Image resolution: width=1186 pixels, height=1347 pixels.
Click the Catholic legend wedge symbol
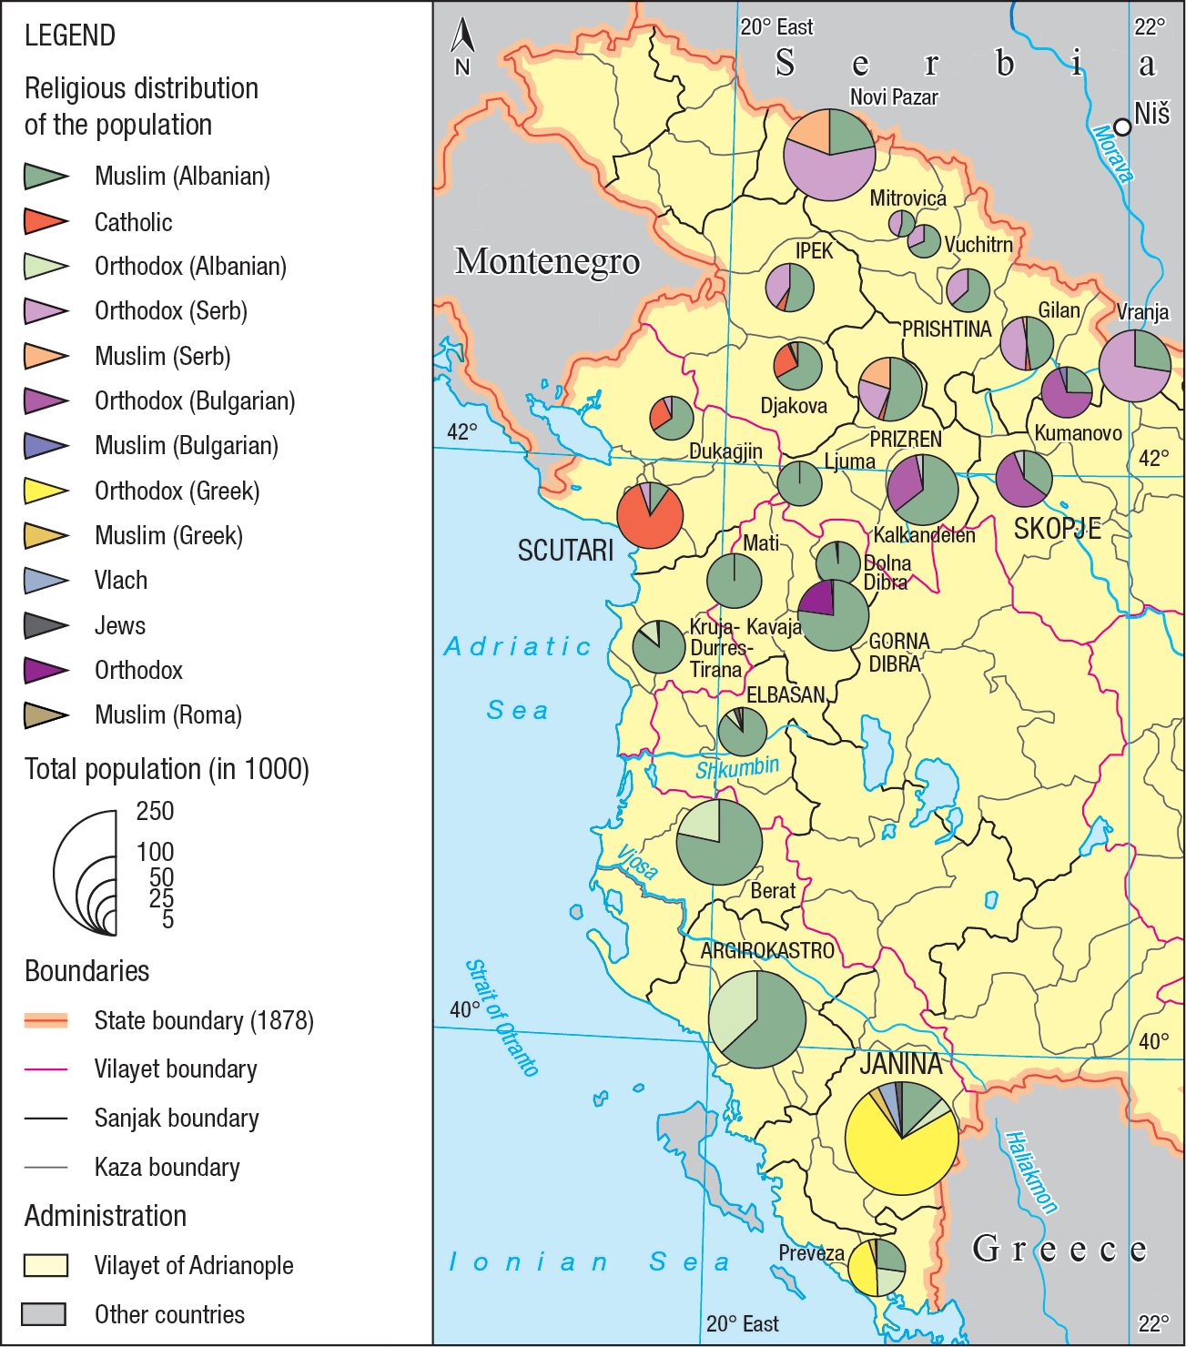(x=46, y=221)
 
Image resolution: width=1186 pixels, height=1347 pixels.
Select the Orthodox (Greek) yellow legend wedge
(x=46, y=491)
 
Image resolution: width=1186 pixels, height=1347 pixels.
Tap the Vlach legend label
(x=121, y=581)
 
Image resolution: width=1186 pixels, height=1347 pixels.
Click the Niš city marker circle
(x=1123, y=127)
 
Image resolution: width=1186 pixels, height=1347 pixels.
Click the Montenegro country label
(x=547, y=260)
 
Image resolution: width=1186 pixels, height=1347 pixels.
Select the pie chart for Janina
(x=901, y=1138)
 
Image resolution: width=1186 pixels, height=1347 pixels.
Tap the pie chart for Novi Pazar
(x=829, y=155)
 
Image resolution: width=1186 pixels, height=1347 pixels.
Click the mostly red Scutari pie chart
(x=650, y=515)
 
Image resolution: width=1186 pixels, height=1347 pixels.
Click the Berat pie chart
(x=719, y=842)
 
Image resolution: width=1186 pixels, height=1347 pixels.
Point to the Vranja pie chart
(x=1135, y=366)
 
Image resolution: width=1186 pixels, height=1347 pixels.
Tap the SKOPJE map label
(x=1057, y=529)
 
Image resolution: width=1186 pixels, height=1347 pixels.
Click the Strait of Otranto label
(x=502, y=1018)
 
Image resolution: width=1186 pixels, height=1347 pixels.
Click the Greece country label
(x=1059, y=1249)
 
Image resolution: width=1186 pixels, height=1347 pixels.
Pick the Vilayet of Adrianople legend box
(x=46, y=1265)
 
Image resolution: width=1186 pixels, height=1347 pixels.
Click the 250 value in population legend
(x=155, y=811)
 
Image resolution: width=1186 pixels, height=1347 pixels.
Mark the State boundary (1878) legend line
(x=46, y=1020)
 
